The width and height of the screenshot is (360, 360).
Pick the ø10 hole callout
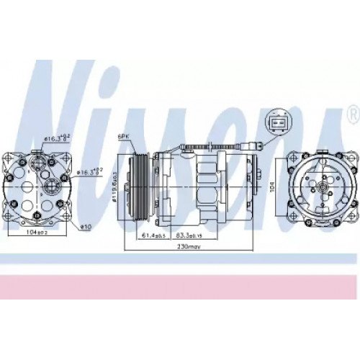click(84, 228)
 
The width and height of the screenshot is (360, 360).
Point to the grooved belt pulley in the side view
click(138, 184)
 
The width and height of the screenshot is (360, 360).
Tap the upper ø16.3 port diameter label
click(55, 137)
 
